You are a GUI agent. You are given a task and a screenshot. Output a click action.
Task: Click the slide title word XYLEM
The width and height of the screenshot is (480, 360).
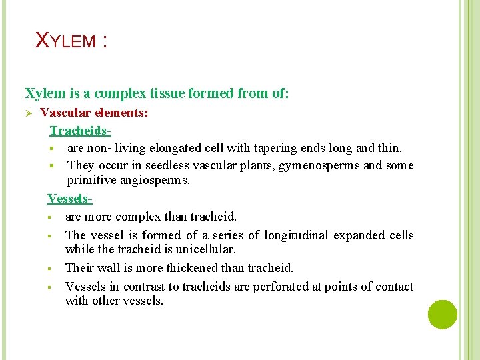pos(65,41)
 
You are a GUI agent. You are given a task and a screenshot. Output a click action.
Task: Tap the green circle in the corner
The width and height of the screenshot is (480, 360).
pos(443,314)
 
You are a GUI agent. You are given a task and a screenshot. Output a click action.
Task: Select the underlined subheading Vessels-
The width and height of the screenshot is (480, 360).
pos(69,199)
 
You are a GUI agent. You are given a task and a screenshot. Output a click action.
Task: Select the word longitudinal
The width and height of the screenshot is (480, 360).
pos(297,235)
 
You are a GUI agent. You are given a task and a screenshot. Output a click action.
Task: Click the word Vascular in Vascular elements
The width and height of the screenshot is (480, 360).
pos(64,113)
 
